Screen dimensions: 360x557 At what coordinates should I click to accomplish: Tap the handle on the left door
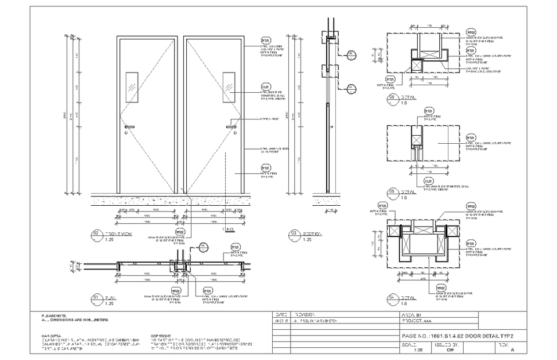[x=129, y=127]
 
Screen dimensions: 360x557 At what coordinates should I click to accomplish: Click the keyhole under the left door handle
[x=126, y=133]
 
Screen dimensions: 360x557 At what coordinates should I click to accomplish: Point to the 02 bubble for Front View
[x=95, y=234]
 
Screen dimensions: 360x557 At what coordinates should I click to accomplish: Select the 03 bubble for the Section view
[x=294, y=234]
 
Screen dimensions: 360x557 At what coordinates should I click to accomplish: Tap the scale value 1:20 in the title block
[x=417, y=350]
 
